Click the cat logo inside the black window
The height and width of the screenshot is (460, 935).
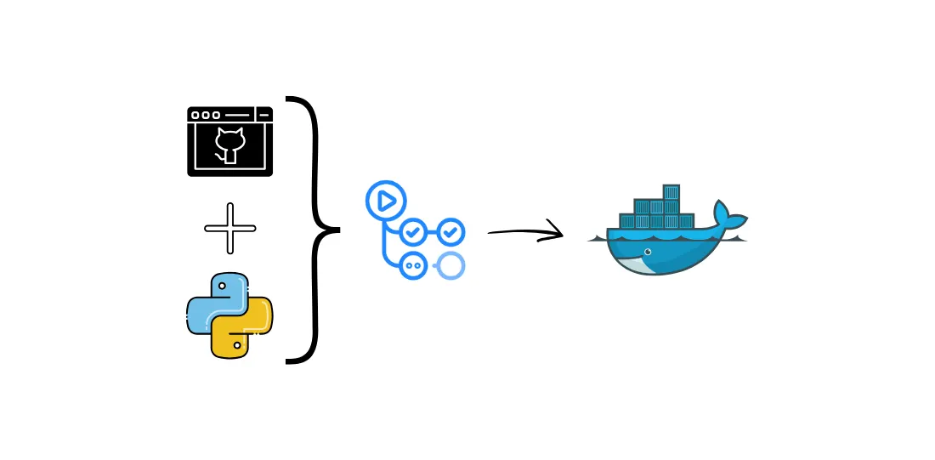229,144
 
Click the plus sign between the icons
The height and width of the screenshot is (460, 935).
229,228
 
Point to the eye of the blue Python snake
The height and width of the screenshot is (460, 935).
218,286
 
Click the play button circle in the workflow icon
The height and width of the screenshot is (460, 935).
386,202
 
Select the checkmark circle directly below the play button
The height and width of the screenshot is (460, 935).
414,230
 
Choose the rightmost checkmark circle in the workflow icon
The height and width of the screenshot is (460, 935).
450,230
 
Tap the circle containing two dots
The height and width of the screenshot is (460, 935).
414,265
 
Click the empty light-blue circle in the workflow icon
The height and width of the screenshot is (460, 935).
450,265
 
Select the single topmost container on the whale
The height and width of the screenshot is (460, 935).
671,191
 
